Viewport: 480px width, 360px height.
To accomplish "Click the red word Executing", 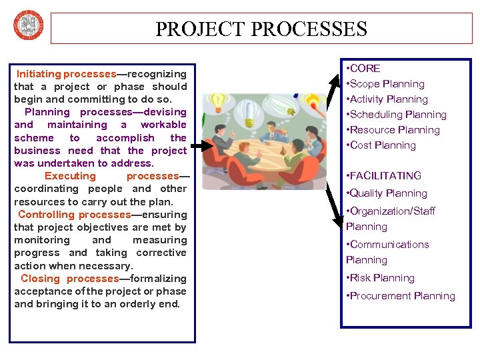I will click(70, 176).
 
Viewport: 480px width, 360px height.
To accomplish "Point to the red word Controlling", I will click(47, 215).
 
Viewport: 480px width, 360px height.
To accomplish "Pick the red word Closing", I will click(41, 279).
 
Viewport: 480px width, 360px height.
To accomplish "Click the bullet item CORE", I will click(365, 68).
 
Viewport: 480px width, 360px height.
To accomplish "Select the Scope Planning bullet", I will click(387, 84).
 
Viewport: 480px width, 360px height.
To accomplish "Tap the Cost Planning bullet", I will click(383, 145).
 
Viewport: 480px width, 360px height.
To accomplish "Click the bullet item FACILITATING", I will click(385, 176).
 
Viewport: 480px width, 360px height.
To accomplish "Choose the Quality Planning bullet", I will click(388, 193).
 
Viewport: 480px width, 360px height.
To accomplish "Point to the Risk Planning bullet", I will click(382, 278).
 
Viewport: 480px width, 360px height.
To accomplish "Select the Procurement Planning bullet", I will click(402, 296).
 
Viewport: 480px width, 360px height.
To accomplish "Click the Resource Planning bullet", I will click(395, 130).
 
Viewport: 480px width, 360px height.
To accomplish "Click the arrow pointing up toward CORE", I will click(333, 87).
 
